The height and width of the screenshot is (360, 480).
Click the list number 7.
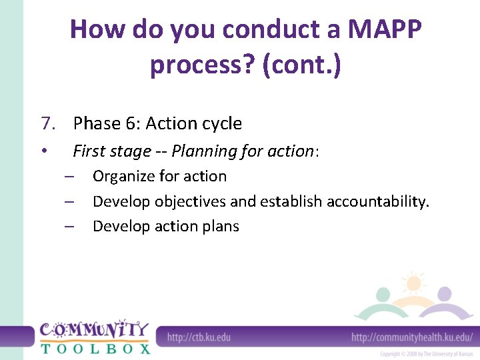click(47, 123)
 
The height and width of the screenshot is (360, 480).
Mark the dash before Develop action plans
click(69, 227)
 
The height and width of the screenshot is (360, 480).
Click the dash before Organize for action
click(69, 177)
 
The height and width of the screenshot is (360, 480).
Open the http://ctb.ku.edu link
click(199, 337)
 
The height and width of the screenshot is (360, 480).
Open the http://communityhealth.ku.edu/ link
click(412, 337)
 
